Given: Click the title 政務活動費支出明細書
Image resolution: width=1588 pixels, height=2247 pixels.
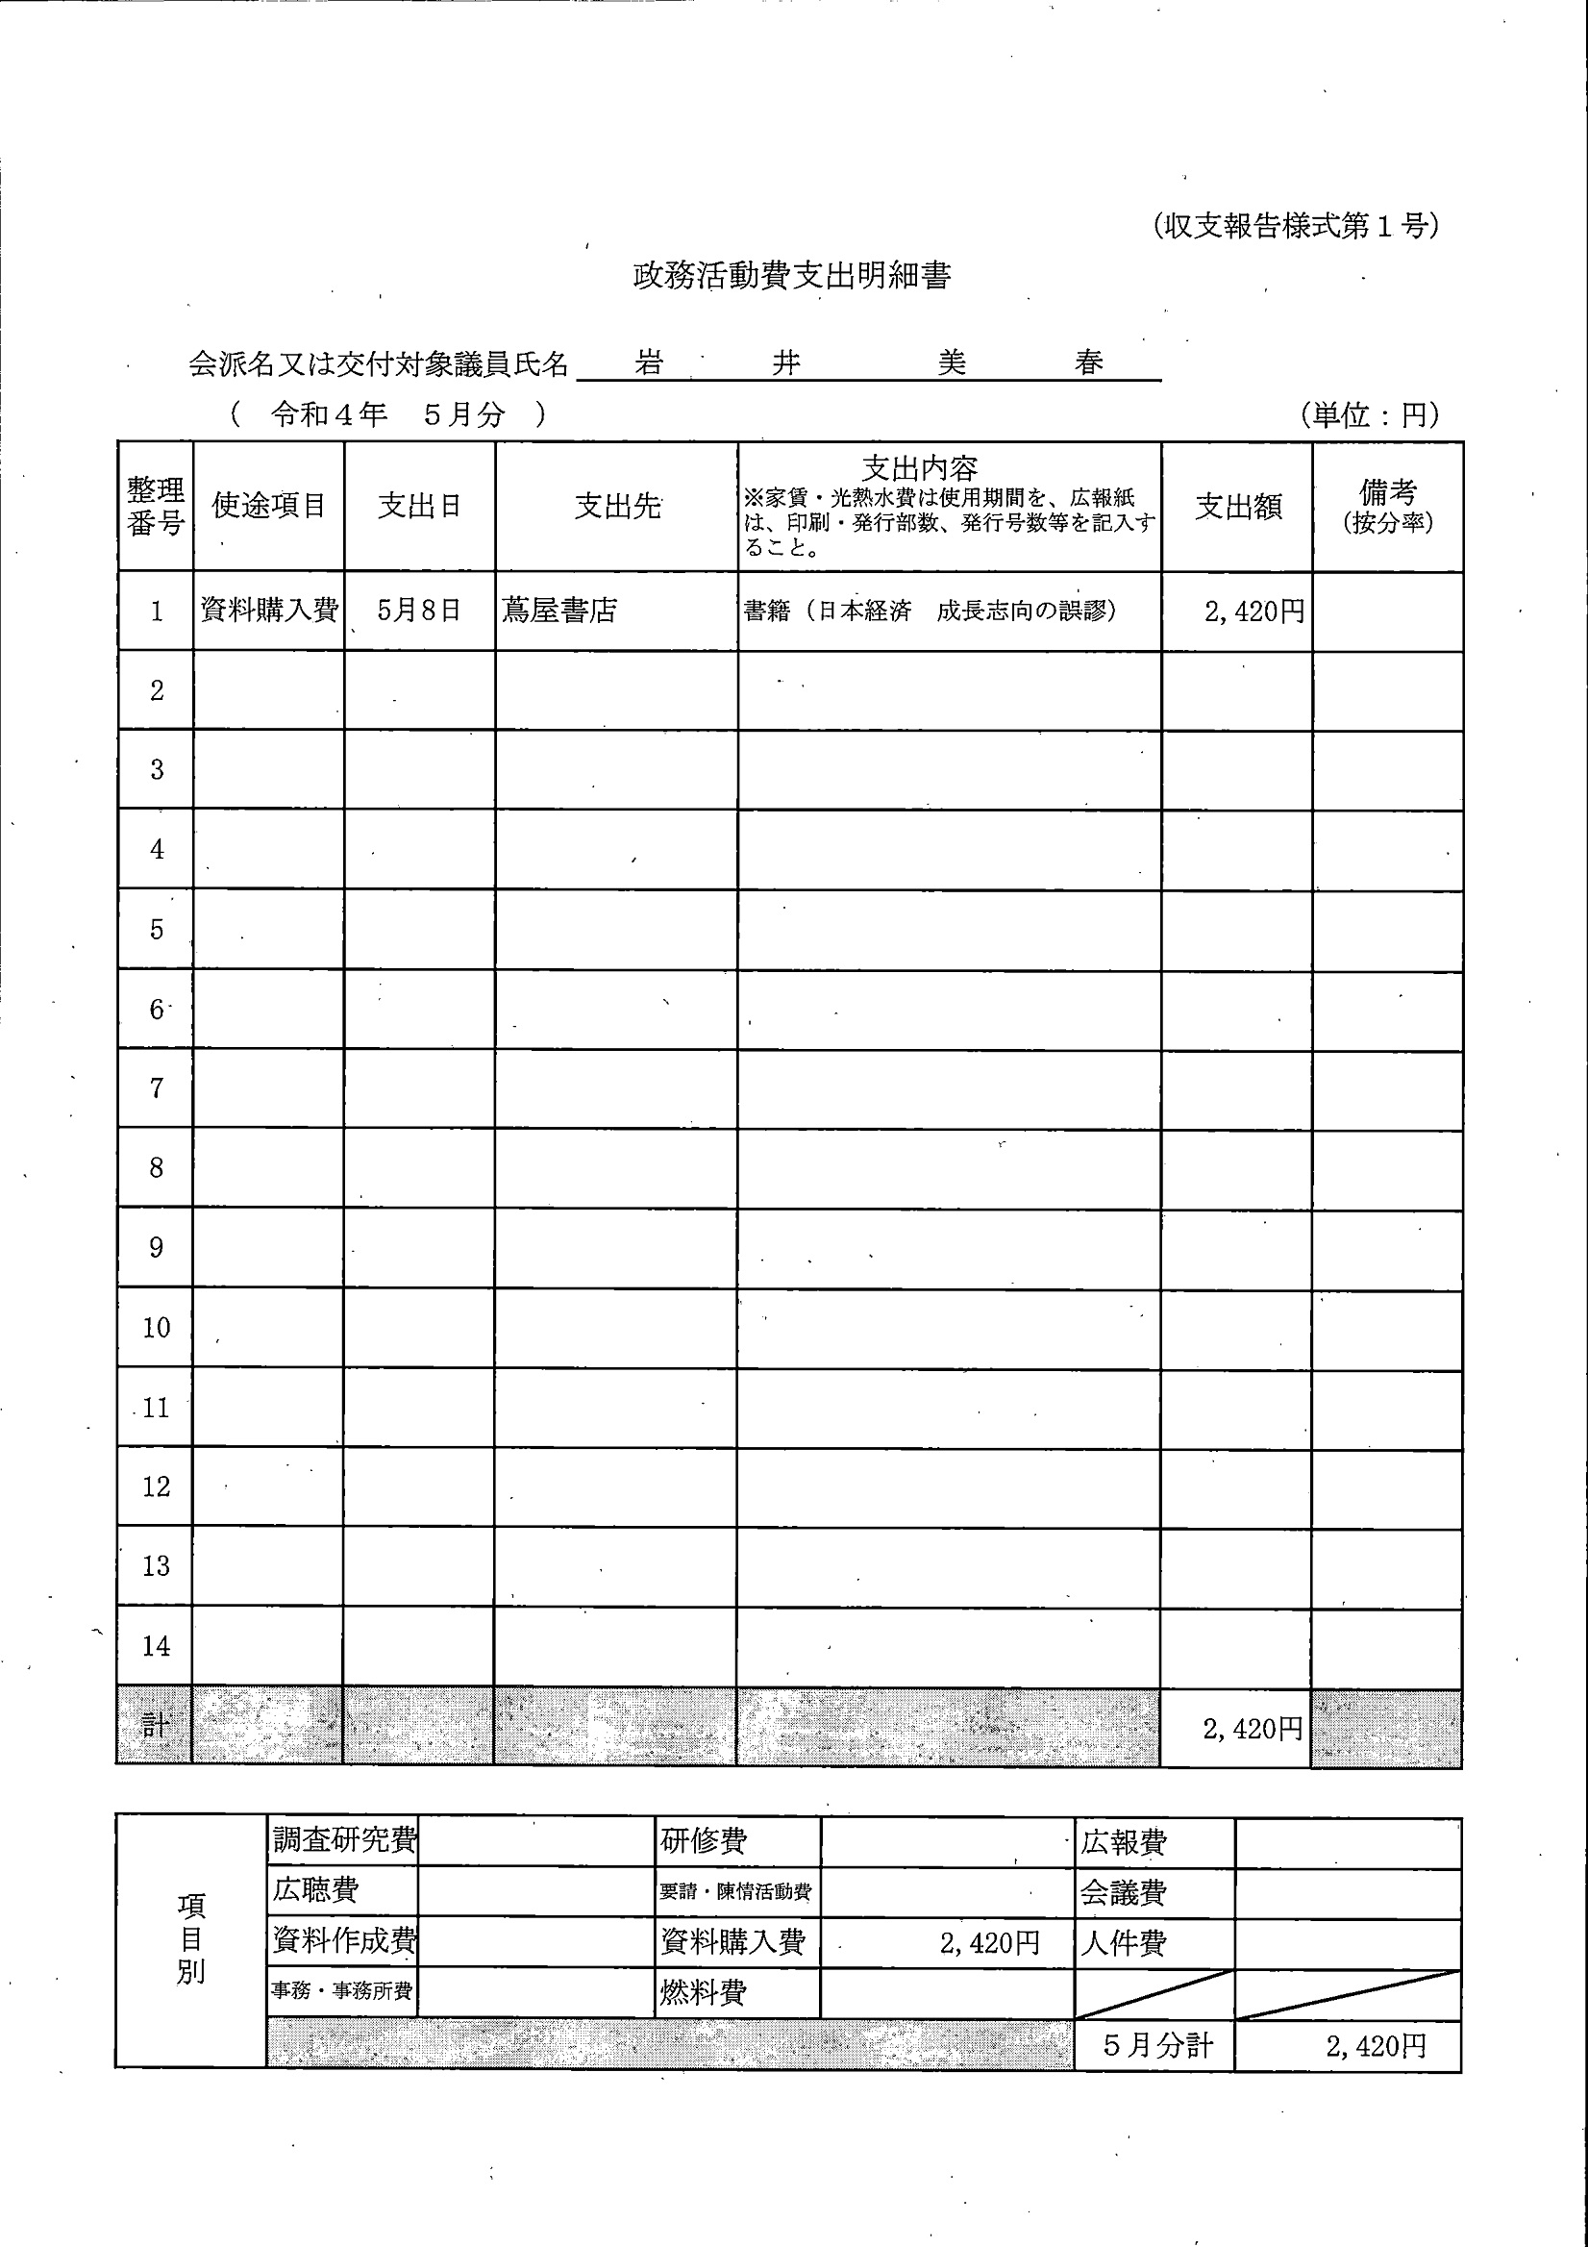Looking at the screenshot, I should (791, 276).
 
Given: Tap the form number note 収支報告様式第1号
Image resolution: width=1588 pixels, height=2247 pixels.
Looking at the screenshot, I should (1296, 226).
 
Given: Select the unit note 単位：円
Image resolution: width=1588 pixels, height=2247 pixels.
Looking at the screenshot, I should (1370, 415).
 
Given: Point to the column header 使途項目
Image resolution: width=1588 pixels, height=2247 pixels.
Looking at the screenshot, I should (268, 505).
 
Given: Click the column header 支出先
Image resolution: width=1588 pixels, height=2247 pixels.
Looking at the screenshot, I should (616, 506).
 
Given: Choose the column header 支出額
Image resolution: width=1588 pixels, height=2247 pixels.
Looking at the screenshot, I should (1238, 506).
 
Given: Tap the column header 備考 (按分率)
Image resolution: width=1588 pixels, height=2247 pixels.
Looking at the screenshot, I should (1387, 506).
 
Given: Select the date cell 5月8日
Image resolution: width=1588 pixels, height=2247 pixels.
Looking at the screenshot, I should (419, 611).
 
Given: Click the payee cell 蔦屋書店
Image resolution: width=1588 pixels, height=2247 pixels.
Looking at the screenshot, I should (559, 611).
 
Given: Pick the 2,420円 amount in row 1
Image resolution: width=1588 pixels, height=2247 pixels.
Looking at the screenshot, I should (1253, 612).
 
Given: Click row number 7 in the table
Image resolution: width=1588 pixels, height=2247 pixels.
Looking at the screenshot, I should (157, 1088).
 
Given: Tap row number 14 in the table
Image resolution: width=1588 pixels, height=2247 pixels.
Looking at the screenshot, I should (157, 1646).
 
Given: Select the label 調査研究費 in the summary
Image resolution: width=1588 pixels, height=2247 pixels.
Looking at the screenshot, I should (343, 1840).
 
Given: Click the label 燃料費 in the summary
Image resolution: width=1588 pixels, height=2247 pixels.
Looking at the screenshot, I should (703, 1992).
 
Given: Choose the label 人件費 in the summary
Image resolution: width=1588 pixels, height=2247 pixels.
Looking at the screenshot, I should (1124, 1942).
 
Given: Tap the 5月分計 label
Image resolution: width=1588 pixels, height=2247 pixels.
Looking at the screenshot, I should (1156, 2045).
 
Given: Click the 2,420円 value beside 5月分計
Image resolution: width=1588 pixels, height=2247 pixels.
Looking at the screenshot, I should (1376, 2045).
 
